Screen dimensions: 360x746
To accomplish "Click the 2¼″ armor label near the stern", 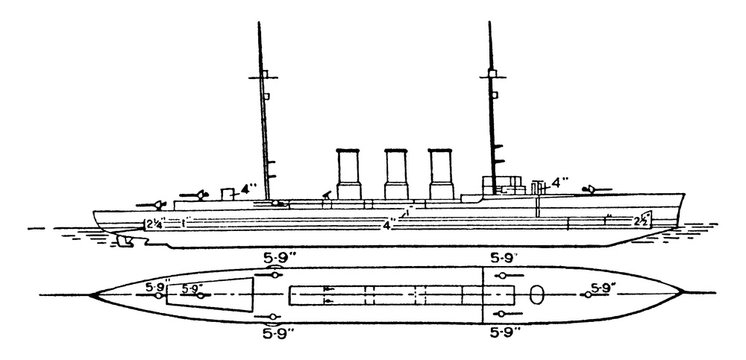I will [x=154, y=222].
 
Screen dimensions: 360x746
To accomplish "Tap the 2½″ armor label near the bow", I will [x=645, y=219].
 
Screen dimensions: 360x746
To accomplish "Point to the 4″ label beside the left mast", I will [x=239, y=186].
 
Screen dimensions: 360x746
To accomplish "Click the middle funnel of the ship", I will [x=396, y=176].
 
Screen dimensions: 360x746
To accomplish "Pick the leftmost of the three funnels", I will [x=348, y=176].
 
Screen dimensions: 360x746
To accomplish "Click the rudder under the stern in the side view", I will [x=123, y=240].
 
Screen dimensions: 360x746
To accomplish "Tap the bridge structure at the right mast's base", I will [x=505, y=184].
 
